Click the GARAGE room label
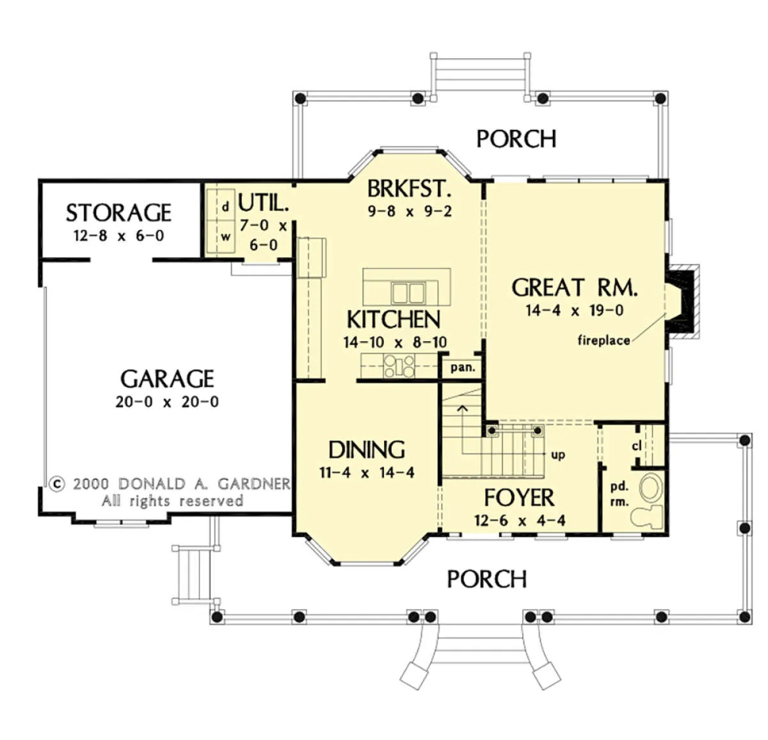(x=167, y=379)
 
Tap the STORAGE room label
(x=118, y=213)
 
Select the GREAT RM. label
(x=575, y=287)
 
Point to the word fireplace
(x=604, y=340)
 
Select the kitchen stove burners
(x=399, y=366)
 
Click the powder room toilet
(x=646, y=517)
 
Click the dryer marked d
(x=225, y=206)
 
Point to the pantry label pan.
(x=463, y=368)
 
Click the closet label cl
(x=637, y=446)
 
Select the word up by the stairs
(x=558, y=455)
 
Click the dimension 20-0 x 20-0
(x=167, y=402)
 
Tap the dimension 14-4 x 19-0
(x=575, y=310)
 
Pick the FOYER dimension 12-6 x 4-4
(x=520, y=520)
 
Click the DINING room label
(x=367, y=450)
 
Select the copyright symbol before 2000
(x=57, y=484)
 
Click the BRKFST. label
(x=409, y=189)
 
